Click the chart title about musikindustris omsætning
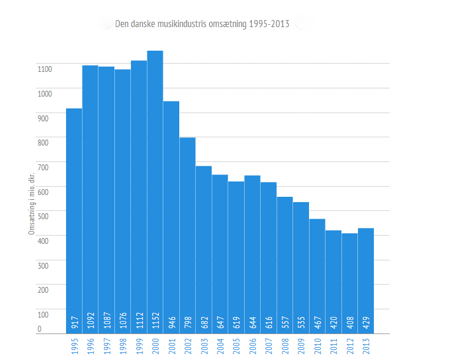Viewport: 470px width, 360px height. click(202, 24)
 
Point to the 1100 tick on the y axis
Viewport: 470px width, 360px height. click(45, 69)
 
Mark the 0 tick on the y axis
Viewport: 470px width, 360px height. click(40, 328)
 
